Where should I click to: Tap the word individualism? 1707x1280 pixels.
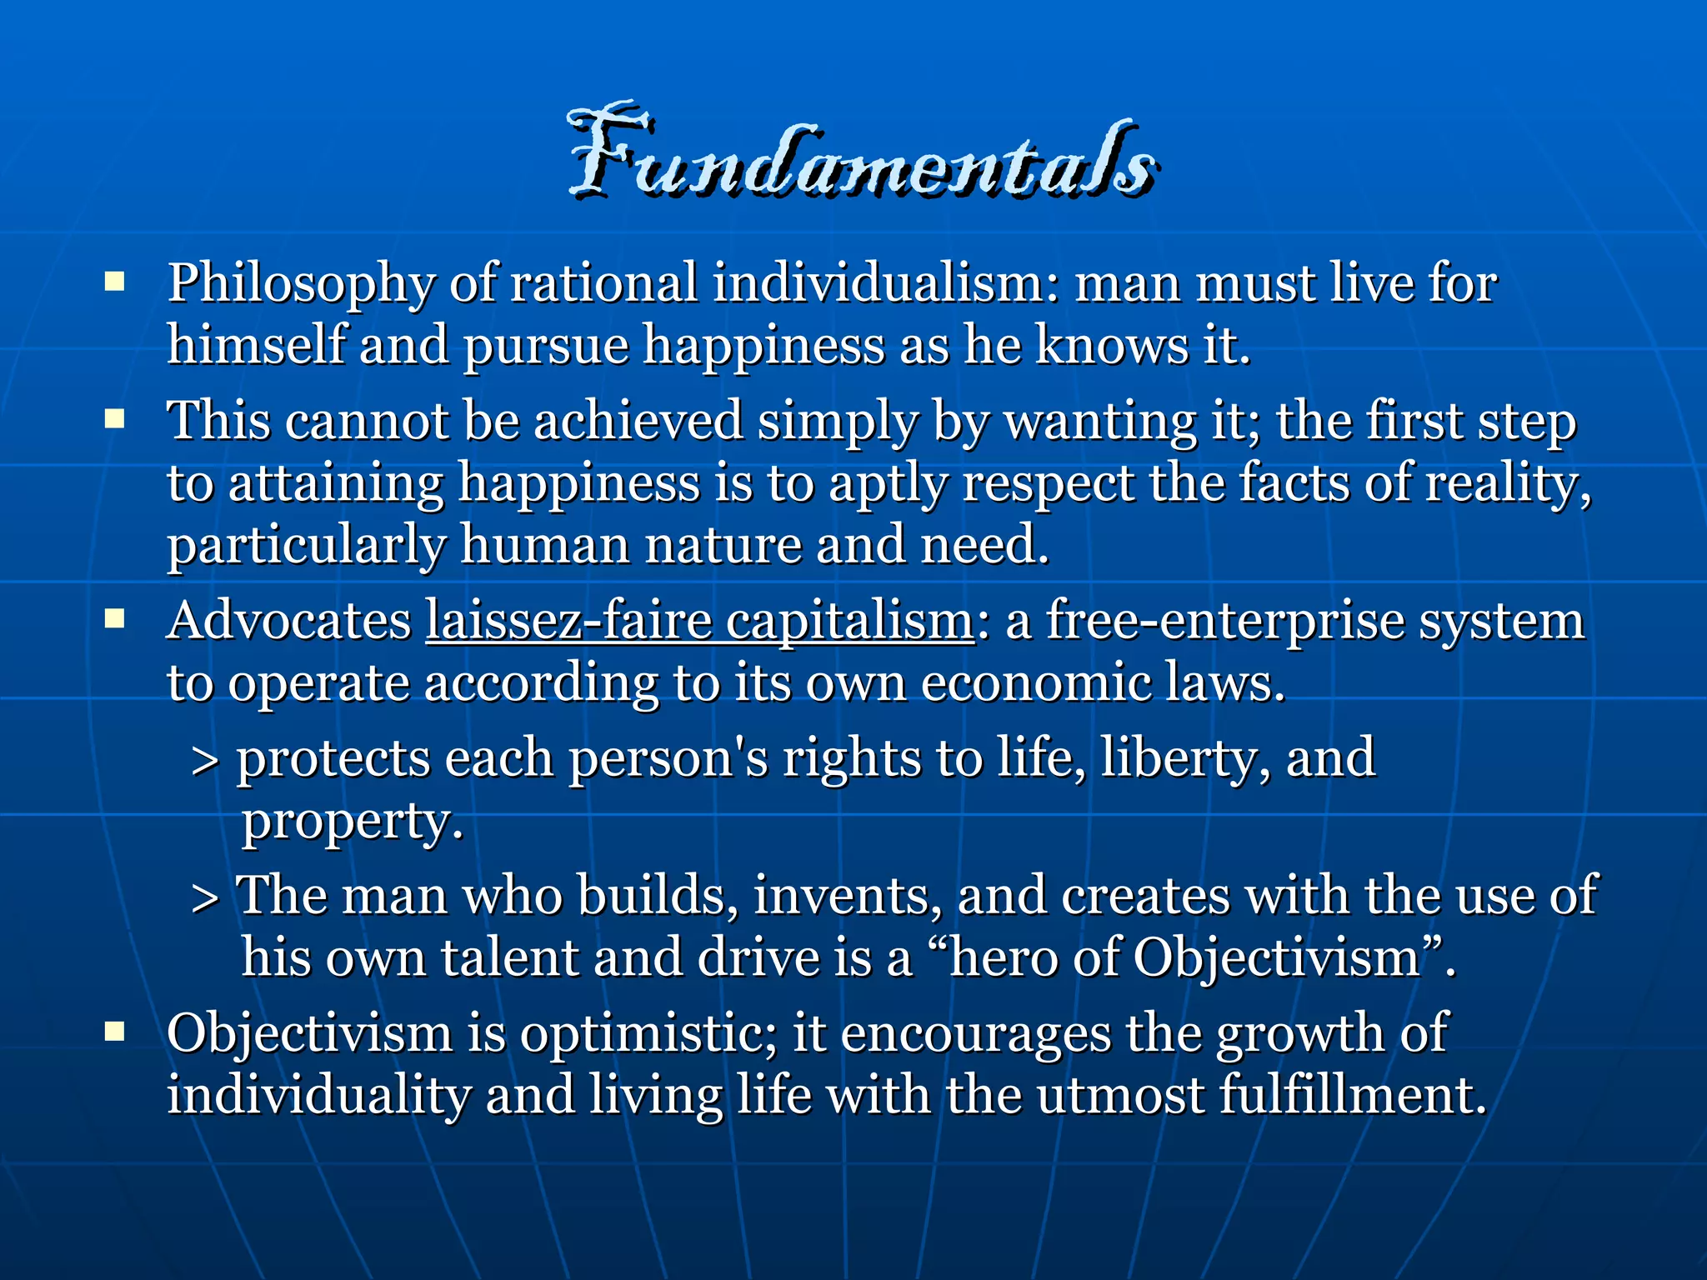[x=885, y=282]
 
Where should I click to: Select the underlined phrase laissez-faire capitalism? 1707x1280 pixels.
[x=699, y=622]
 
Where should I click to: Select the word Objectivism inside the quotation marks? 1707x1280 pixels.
[x=1276, y=958]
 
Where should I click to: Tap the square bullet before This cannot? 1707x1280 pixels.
[x=115, y=418]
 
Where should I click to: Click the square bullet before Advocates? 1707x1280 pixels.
[x=115, y=619]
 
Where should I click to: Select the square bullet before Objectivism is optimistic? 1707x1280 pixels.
[x=115, y=1032]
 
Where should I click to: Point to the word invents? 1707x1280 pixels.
[x=846, y=896]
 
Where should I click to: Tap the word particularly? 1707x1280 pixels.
[x=306, y=547]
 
